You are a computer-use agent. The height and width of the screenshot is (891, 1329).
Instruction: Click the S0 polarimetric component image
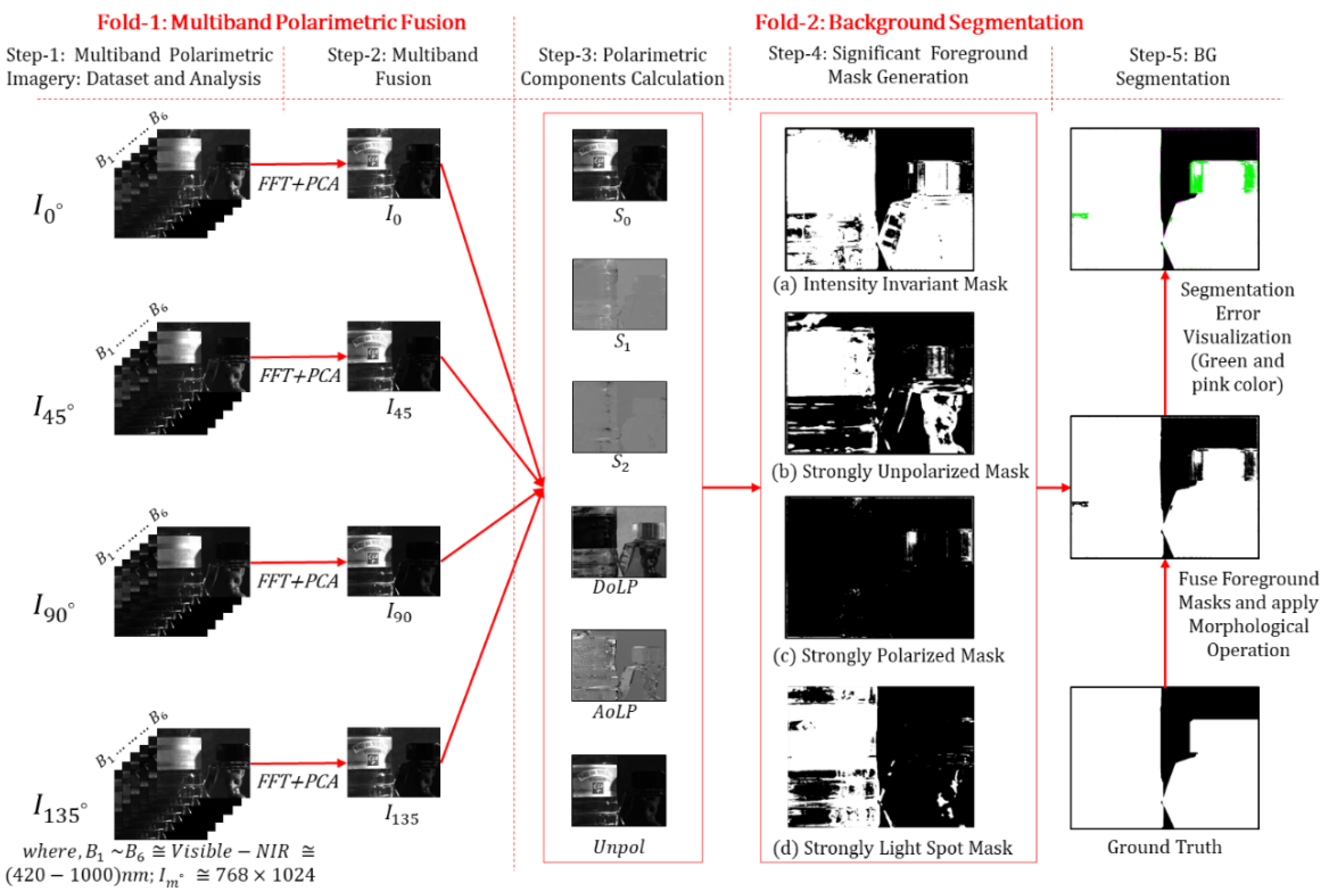click(619, 165)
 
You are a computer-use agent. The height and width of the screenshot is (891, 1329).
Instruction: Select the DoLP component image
click(618, 542)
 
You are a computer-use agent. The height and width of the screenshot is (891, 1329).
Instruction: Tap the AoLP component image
click(618, 665)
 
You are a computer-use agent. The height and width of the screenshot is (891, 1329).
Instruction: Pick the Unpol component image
click(618, 790)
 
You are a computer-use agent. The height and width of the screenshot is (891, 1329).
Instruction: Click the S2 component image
click(619, 417)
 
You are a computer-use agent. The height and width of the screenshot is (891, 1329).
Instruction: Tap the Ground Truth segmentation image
click(1164, 757)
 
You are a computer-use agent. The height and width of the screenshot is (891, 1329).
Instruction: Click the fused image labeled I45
click(393, 356)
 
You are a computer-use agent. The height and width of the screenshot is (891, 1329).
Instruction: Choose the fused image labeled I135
click(393, 762)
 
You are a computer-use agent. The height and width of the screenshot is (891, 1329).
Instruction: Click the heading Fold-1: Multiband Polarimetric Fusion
click(281, 23)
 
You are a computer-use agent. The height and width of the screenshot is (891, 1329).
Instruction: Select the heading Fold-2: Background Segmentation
click(918, 23)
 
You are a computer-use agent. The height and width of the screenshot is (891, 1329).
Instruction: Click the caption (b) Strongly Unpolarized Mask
click(900, 471)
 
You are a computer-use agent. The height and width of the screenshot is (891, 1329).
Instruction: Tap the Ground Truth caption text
click(1164, 847)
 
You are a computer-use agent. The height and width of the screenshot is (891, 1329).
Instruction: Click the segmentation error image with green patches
click(1164, 199)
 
